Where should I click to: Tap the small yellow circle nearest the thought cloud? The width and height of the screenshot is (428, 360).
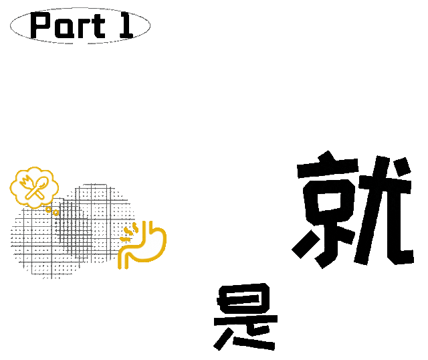(49, 209)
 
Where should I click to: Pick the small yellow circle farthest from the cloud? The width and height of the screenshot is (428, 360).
(56, 213)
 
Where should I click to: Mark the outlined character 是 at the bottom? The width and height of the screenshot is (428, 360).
(245, 318)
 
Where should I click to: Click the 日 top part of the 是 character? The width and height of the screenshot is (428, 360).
(246, 298)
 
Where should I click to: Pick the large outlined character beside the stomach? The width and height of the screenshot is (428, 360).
(354, 211)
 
